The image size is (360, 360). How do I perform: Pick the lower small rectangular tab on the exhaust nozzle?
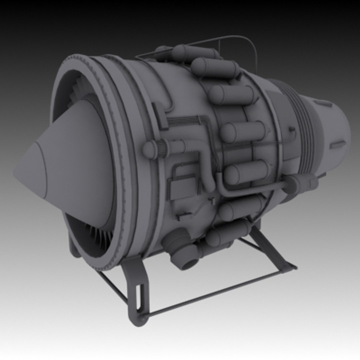pyautogui.click(x=337, y=144)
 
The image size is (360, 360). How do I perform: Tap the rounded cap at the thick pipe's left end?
pyautogui.click(x=149, y=149)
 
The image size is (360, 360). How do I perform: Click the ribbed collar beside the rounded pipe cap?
pyautogui.click(x=163, y=148)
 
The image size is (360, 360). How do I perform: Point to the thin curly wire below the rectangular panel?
pyautogui.click(x=200, y=208)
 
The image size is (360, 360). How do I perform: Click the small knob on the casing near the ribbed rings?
pyautogui.click(x=292, y=129)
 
